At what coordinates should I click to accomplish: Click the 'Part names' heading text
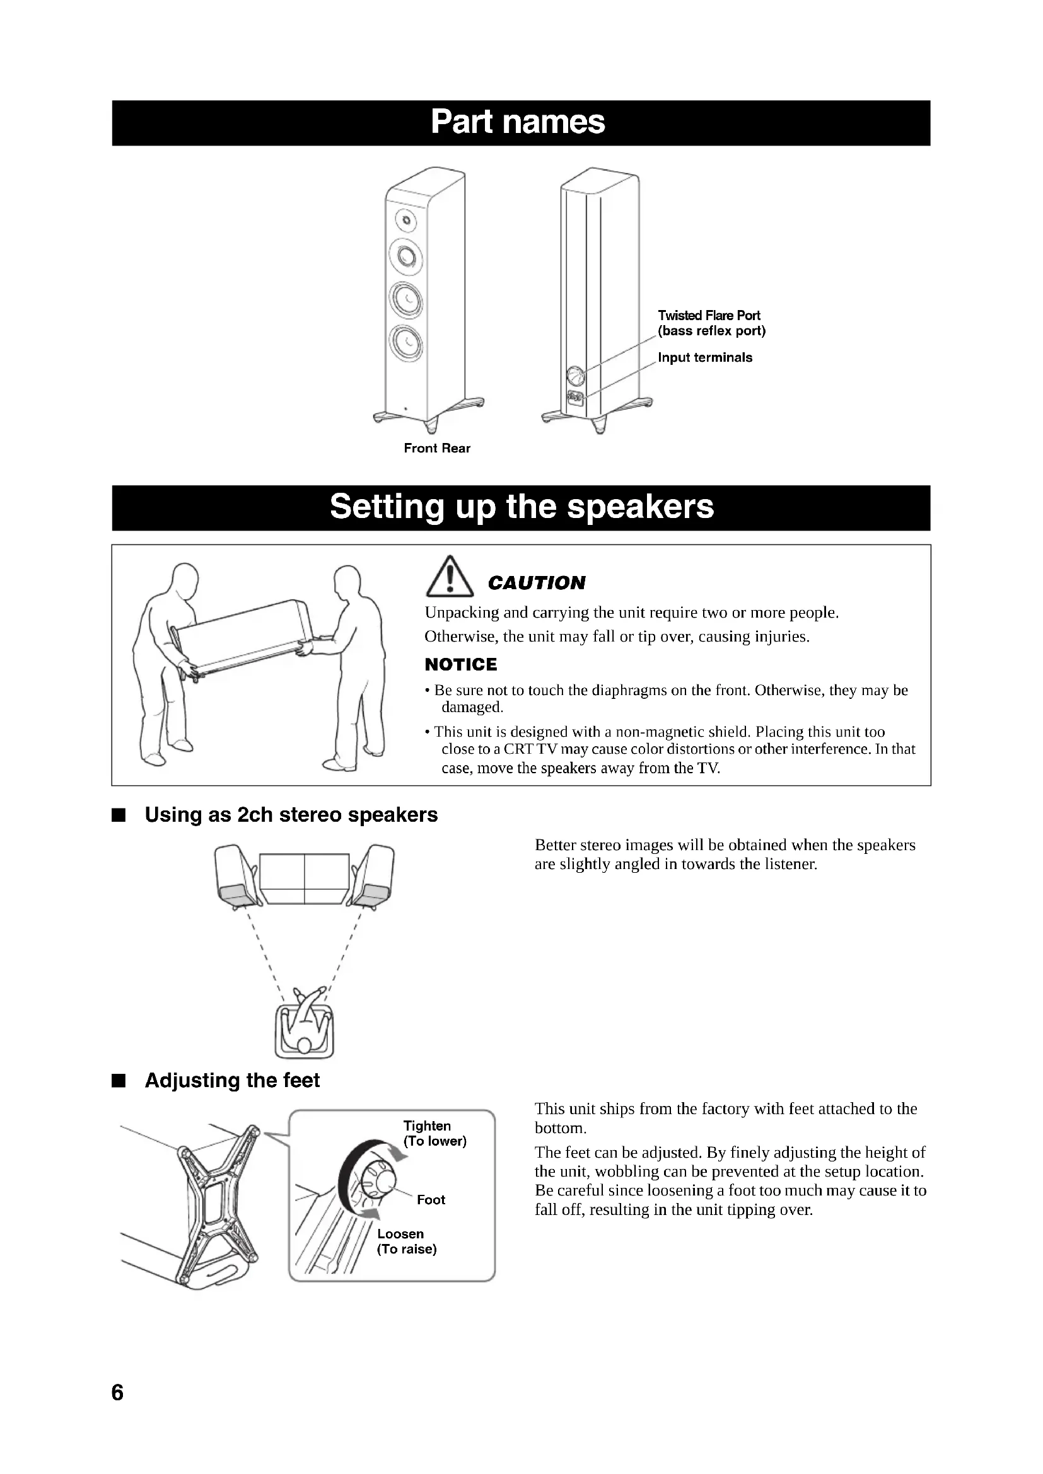click(518, 122)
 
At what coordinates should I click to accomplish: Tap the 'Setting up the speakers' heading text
click(521, 507)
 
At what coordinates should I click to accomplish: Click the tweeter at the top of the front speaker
click(405, 221)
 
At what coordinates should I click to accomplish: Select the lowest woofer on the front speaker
click(407, 342)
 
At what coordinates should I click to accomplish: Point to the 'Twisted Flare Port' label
click(708, 315)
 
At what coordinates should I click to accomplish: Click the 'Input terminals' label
click(704, 357)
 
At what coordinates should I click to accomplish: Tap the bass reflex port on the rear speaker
click(575, 375)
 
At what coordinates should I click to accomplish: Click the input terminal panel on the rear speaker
click(575, 399)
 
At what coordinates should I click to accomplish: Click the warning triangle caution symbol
click(450, 578)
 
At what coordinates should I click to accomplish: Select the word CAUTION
click(536, 583)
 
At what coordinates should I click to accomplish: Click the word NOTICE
click(460, 664)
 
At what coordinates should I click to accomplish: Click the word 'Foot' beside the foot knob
click(430, 1200)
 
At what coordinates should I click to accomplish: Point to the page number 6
click(117, 1393)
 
